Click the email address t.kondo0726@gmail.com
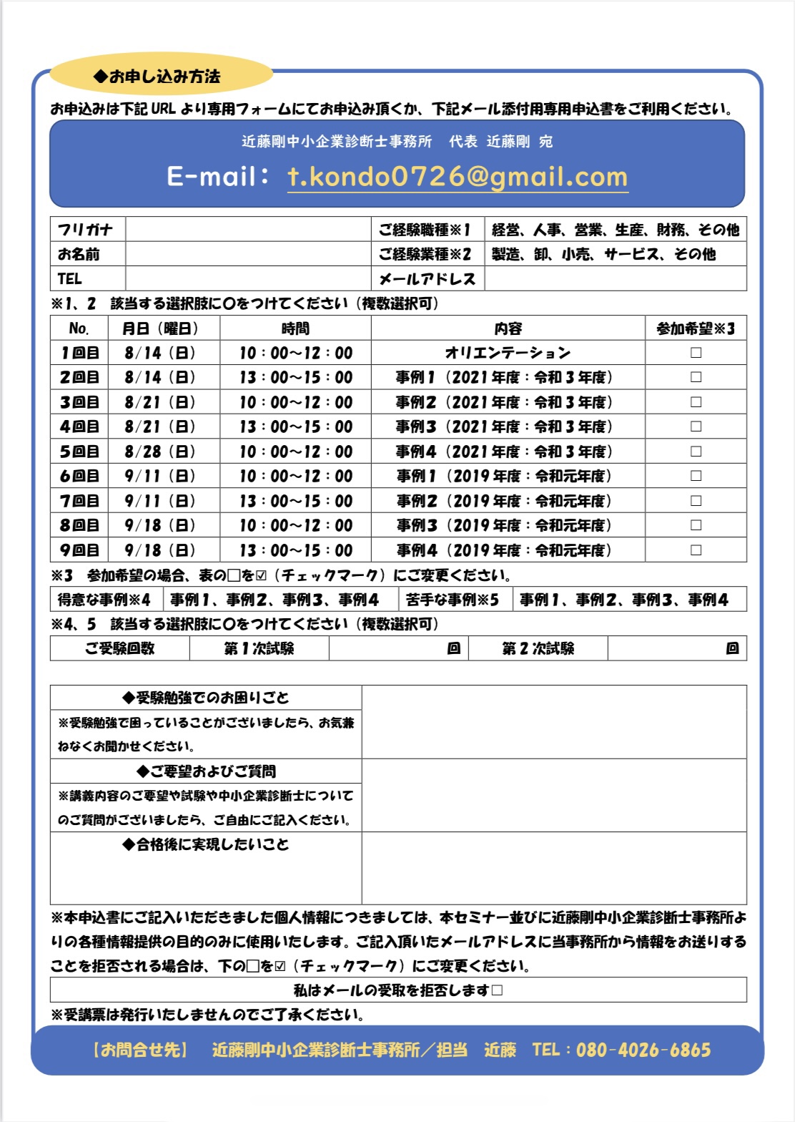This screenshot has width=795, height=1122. [x=458, y=177]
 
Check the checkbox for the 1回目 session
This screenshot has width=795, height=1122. [x=696, y=353]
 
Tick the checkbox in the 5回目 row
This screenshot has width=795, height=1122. [x=696, y=452]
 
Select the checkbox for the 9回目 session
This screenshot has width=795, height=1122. [x=696, y=550]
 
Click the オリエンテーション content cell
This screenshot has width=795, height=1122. [x=508, y=353]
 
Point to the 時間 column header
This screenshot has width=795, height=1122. [x=295, y=328]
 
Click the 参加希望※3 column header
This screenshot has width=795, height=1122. [x=696, y=328]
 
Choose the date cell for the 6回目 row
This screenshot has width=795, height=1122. [x=160, y=476]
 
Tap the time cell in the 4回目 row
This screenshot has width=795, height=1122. [x=295, y=426]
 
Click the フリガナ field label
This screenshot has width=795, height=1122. [x=86, y=230]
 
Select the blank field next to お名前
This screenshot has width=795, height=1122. [x=247, y=254]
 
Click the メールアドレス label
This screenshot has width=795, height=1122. [x=427, y=279]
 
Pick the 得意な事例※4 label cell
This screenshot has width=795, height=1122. [x=105, y=600]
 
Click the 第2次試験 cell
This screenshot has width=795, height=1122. [x=538, y=648]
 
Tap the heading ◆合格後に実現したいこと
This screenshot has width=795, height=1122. [x=206, y=845]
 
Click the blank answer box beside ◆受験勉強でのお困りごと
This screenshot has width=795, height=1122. [x=553, y=722]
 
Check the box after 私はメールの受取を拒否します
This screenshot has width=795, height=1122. [x=498, y=990]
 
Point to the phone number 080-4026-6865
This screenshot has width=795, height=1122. [x=643, y=1050]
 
